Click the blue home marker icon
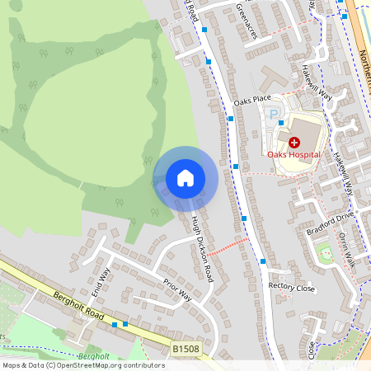pyautogui.click(x=185, y=178)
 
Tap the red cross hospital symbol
pyautogui.click(x=294, y=143)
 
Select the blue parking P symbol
pyautogui.click(x=274, y=115)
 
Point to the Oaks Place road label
pyautogui.click(x=252, y=101)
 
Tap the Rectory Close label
pyautogui.click(x=292, y=287)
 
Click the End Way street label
pyautogui.click(x=101, y=281)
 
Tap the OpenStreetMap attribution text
pyautogui.click(x=82, y=365)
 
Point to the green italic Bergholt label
pyautogui.click(x=92, y=356)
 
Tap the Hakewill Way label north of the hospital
pyautogui.click(x=317, y=87)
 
